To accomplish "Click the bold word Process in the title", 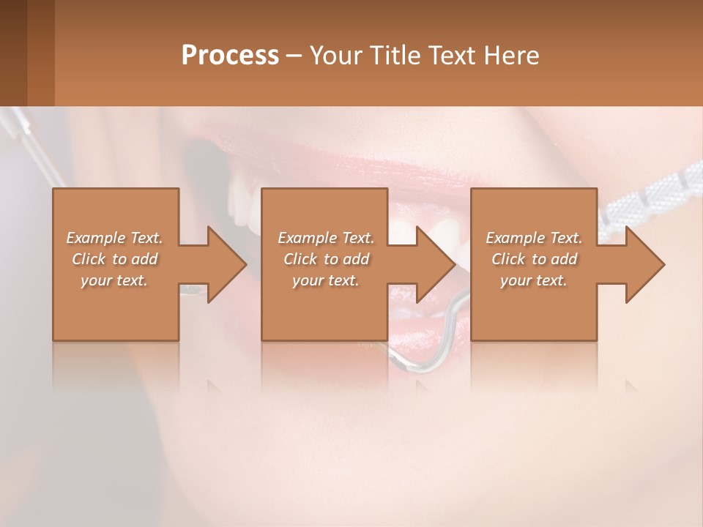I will click(230, 56).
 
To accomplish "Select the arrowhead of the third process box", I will click(644, 264).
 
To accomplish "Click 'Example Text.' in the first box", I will click(114, 238).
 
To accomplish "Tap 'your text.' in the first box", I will click(114, 280).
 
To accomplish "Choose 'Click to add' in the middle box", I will click(326, 259).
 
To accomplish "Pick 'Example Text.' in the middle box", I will click(326, 238).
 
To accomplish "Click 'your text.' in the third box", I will click(534, 280).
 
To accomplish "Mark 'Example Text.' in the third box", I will click(534, 238).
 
